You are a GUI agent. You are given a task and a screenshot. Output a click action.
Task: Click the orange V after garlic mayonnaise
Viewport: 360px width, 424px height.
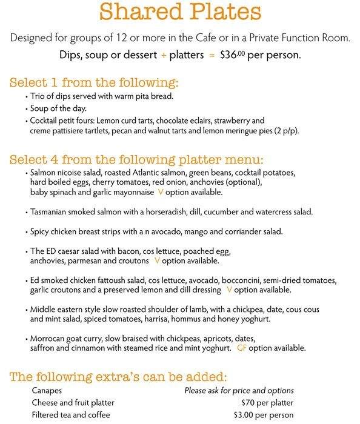(160, 192)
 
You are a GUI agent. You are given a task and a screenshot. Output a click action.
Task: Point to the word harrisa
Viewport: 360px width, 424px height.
(167, 320)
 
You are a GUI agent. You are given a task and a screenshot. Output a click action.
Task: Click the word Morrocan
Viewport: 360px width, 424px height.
(48, 337)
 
